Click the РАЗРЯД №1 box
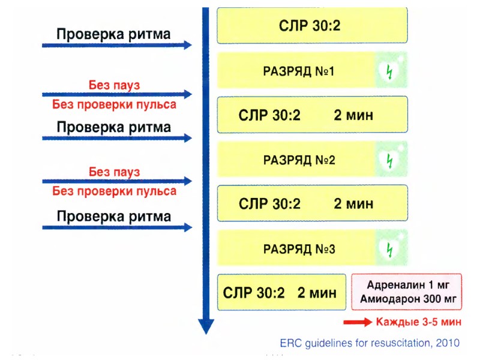pyautogui.click(x=312, y=71)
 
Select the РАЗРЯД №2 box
pyautogui.click(x=312, y=160)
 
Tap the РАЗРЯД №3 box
pyautogui.click(x=312, y=248)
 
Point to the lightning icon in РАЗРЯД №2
pyautogui.click(x=391, y=160)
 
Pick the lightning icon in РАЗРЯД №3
pyautogui.click(x=391, y=248)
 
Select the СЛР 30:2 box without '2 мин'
pyautogui.click(x=312, y=26)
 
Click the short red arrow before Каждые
pyautogui.click(x=358, y=322)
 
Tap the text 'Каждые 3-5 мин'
pyautogui.click(x=419, y=322)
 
